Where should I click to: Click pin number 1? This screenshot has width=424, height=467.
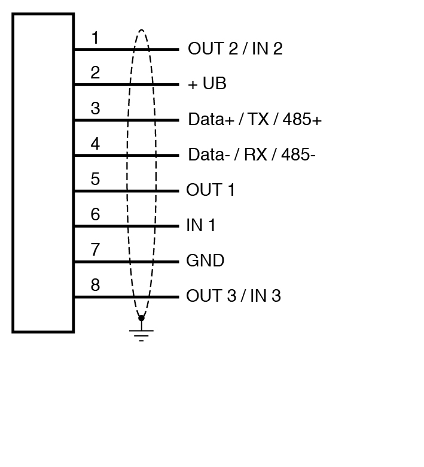click(x=94, y=38)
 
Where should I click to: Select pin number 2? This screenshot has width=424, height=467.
click(x=95, y=73)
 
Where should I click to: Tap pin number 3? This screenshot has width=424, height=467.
click(x=95, y=109)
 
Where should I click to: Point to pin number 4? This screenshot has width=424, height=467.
click(x=95, y=144)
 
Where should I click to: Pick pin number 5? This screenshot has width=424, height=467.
click(x=95, y=179)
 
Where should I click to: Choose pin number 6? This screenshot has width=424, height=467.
click(x=95, y=214)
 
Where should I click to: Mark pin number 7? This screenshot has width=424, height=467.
click(x=95, y=250)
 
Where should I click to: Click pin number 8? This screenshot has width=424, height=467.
click(x=95, y=285)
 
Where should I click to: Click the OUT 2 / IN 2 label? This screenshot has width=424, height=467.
click(x=235, y=49)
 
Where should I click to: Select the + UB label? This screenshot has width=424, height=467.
click(x=207, y=84)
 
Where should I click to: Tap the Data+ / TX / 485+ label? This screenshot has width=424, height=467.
click(x=255, y=120)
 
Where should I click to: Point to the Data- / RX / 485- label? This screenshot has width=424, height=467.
click(x=252, y=155)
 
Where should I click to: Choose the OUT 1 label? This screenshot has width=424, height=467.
click(x=211, y=190)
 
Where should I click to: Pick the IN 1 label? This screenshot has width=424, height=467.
click(x=201, y=226)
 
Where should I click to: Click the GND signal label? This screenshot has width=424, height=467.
click(x=205, y=261)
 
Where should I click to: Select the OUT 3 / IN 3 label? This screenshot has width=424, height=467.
click(x=233, y=296)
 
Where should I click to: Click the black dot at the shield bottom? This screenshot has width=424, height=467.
click(x=141, y=318)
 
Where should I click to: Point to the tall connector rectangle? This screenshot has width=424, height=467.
click(x=43, y=172)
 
